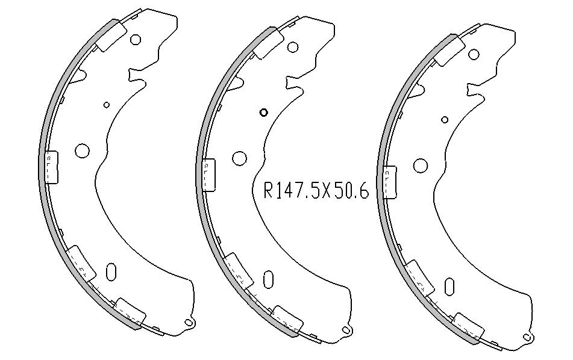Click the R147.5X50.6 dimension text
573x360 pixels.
click(316, 191)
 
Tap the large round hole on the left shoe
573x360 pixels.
click(81, 151)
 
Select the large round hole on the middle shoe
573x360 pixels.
click(240, 158)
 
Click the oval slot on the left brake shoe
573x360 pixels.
click(110, 271)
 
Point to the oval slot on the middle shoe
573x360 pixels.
click(268, 279)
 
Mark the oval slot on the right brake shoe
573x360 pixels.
click(449, 286)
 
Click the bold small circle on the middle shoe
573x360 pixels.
click(263, 112)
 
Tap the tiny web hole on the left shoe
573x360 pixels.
click(107, 105)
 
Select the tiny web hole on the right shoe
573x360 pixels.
click(445, 119)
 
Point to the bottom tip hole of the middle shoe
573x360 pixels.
click(346, 330)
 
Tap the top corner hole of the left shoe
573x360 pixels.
click(136, 40)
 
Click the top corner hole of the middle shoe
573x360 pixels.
click(293, 47)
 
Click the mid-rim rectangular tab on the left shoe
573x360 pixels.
click(51, 167)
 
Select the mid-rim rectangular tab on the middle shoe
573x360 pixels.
click(209, 175)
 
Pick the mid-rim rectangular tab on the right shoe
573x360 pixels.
click(390, 182)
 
